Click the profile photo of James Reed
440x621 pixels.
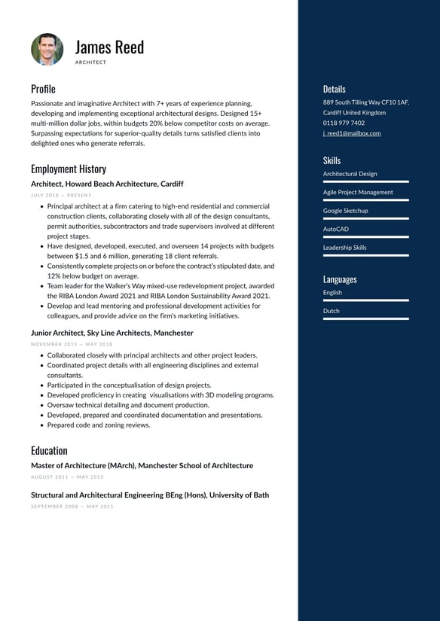pyautogui.click(x=47, y=49)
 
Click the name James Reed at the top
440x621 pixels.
pyautogui.click(x=109, y=47)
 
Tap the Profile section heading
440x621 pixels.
pyautogui.click(x=43, y=89)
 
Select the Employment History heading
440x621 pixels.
pyautogui.click(x=69, y=169)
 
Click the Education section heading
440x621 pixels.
pyautogui.click(x=49, y=450)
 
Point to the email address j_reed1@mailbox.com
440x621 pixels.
pyautogui.click(x=352, y=133)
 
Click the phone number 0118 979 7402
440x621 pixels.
pyautogui.click(x=344, y=123)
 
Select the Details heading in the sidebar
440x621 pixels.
pyautogui.click(x=335, y=89)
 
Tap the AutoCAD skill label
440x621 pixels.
pyautogui.click(x=336, y=229)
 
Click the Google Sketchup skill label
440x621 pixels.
pyautogui.click(x=346, y=211)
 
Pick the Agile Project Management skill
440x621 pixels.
pyautogui.click(x=358, y=192)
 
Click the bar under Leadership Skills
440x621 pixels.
pyautogui.click(x=366, y=255)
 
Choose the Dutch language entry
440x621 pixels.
pyautogui.click(x=332, y=311)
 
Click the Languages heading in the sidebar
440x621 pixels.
pyautogui.click(x=340, y=279)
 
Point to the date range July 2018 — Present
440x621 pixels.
pyautogui.click(x=61, y=195)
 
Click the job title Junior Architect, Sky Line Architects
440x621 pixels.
pyautogui.click(x=112, y=333)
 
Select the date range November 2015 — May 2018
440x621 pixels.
pyautogui.click(x=72, y=344)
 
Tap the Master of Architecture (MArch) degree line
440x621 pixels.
pyautogui.click(x=142, y=466)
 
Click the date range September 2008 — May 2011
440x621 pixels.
pyautogui.click(x=72, y=507)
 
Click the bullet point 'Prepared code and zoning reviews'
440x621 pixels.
pyautogui.click(x=99, y=425)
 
